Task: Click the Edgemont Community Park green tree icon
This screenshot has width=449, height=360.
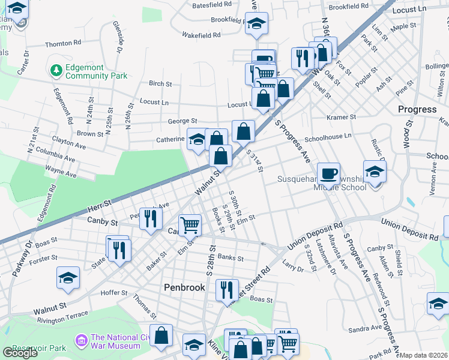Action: coord(56,71)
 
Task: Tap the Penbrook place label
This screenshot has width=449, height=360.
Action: coord(185,288)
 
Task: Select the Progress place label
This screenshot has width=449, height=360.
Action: coord(417,109)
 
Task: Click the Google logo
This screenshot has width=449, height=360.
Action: coord(20,353)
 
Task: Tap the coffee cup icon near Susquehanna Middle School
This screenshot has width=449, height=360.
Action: coord(328,173)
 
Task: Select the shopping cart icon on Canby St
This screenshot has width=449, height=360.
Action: coord(190,225)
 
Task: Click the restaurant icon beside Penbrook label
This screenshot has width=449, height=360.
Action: coord(227,289)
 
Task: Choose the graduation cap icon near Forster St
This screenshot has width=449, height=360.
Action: coord(68,277)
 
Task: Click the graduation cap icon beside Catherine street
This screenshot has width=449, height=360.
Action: coord(197,140)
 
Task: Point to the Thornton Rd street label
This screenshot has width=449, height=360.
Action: coord(63,44)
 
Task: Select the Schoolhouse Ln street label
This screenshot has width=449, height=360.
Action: coord(328,137)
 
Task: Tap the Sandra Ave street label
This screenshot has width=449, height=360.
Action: coord(364,328)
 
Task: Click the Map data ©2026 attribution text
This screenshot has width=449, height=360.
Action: coord(424,355)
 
